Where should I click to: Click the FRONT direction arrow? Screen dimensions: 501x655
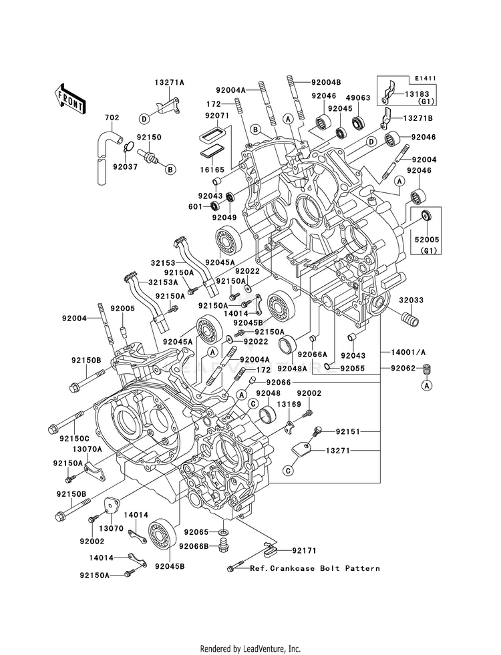pos(69,99)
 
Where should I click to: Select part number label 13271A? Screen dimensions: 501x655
pos(169,83)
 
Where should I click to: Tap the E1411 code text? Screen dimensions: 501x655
pos(426,79)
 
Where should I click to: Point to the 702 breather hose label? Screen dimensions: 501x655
pos(112,118)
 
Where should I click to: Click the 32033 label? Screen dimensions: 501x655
pos(411,300)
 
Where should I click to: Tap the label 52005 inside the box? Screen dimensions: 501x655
pos(427,240)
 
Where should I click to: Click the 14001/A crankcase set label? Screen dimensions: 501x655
pos(409,353)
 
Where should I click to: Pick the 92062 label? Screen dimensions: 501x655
pos(403,369)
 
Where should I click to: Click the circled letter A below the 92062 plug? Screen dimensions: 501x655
pos(427,385)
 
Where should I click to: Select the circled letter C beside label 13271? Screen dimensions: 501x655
pos(288,471)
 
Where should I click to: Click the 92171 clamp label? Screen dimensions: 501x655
pos(304,551)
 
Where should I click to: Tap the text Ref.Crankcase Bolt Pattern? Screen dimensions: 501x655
pos(315,568)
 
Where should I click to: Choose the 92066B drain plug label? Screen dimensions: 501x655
pos(194,546)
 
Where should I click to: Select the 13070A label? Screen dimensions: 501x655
pos(88,449)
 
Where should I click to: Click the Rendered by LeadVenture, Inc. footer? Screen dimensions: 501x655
pos(251,649)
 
